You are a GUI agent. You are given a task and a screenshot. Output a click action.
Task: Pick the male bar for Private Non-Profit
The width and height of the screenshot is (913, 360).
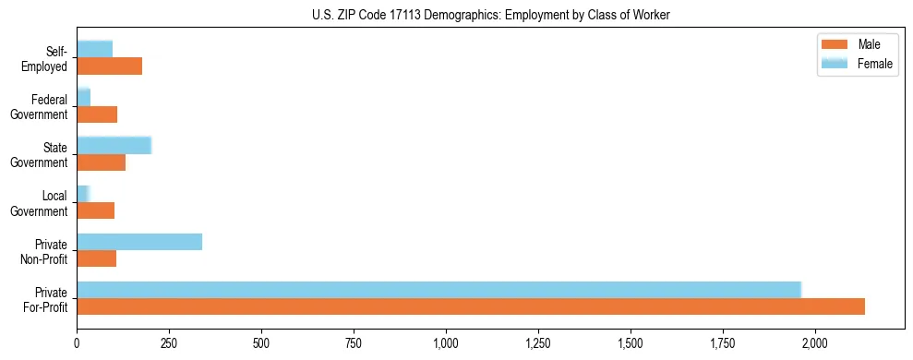[x=97, y=258]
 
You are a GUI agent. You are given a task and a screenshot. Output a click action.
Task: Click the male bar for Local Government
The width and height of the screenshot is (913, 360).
[x=96, y=210]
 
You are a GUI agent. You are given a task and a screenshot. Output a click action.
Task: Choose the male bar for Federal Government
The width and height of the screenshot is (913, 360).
[x=97, y=114]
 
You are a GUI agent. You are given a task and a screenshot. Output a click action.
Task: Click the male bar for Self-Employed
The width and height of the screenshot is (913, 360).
[x=110, y=66]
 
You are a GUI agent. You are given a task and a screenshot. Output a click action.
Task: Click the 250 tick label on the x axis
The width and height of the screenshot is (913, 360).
[x=169, y=343]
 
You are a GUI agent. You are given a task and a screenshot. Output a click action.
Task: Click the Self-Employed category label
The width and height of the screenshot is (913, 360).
[x=48, y=59]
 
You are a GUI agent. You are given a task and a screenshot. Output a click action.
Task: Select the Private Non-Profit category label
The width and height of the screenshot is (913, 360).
[x=48, y=251]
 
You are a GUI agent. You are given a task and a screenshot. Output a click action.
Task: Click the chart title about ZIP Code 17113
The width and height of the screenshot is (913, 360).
[x=491, y=14]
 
